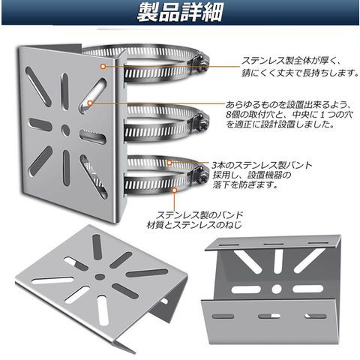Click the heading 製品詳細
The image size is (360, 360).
(179, 13)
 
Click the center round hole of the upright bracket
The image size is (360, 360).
(65, 130)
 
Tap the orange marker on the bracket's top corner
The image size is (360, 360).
(103, 66)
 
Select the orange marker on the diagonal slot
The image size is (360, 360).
(90, 103)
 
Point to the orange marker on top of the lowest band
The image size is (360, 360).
(169, 163)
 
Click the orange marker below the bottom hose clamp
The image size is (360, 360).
(175, 190)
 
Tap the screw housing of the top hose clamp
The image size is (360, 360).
(201, 62)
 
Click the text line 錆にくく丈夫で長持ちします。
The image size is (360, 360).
(300, 73)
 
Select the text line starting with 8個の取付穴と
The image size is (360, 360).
(289, 115)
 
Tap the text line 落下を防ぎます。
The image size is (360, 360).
(245, 184)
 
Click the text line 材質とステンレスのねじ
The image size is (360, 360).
(194, 225)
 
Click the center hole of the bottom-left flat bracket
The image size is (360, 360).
(100, 277)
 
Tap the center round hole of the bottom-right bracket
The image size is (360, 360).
(277, 289)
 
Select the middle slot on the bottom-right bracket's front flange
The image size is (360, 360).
(269, 316)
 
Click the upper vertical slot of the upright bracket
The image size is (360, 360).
(64, 91)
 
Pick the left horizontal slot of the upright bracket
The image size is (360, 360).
(40, 124)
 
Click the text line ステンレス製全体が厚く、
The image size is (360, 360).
(290, 61)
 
